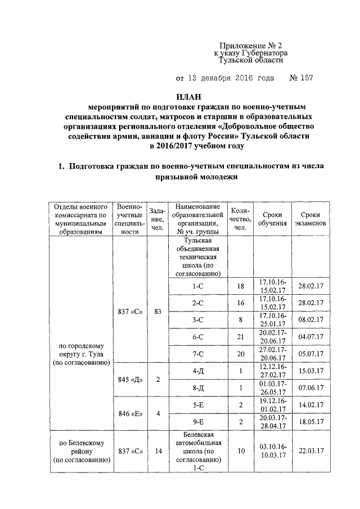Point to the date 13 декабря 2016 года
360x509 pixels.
[225, 78]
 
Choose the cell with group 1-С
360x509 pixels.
[197, 286]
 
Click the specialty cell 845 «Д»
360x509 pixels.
[130, 380]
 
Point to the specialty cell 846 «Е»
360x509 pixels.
[130, 414]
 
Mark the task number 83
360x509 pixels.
[157, 311]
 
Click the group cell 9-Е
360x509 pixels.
[197, 422]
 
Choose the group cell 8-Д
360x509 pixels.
[197, 388]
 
